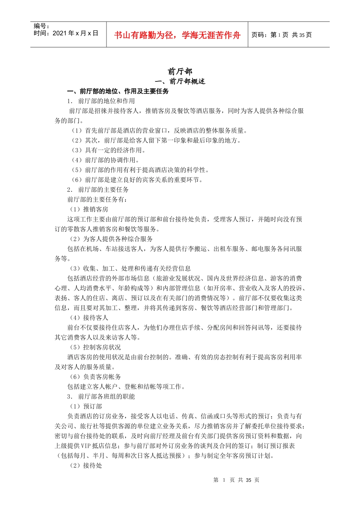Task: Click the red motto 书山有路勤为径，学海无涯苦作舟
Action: tap(177, 35)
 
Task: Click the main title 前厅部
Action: tap(180, 71)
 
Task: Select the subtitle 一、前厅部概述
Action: tap(180, 81)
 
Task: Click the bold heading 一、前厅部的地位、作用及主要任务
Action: tap(118, 91)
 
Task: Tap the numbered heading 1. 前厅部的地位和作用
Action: tap(101, 101)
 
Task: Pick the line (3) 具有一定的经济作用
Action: tap(108, 150)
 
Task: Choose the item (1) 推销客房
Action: tap(89, 209)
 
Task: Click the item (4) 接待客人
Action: tap(89, 318)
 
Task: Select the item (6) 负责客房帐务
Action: tap(95, 377)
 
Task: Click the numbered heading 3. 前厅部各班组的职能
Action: tap(101, 397)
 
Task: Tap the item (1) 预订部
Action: tap(86, 406)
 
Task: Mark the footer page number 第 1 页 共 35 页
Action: tap(236, 480)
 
